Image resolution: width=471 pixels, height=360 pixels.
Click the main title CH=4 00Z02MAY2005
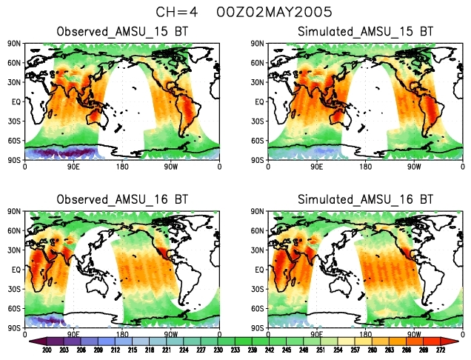point(235,13)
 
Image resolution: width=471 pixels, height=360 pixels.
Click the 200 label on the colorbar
point(45,350)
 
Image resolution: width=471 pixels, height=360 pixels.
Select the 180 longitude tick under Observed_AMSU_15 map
point(123,167)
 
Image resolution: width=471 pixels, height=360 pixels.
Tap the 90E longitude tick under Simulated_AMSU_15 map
point(316,167)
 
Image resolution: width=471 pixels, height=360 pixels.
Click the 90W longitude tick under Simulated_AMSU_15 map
point(413,167)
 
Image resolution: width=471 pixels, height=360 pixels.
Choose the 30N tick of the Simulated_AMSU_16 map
point(259,250)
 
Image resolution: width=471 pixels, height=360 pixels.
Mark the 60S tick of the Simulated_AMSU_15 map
point(259,140)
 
